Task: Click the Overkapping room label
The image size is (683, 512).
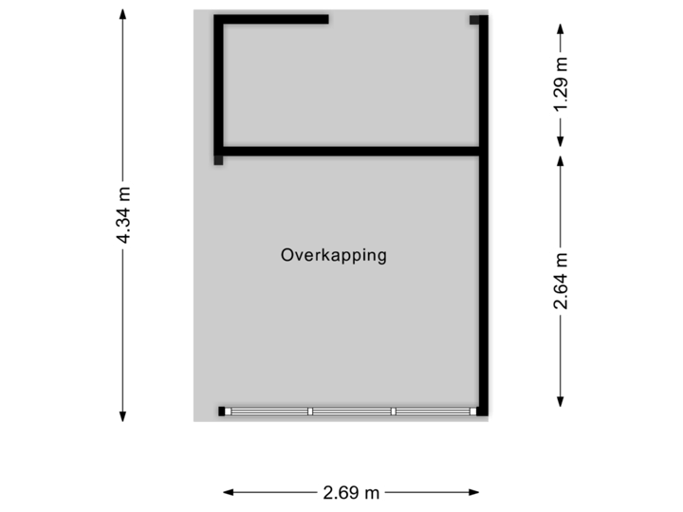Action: tap(334, 255)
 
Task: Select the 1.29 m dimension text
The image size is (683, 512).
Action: tap(562, 84)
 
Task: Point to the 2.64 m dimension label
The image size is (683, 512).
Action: tap(562, 282)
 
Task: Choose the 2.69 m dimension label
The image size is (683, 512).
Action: tap(351, 492)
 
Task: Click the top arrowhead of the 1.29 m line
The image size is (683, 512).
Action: tap(562, 22)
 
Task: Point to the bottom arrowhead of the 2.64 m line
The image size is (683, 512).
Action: tap(562, 401)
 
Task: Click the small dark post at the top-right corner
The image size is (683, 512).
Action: tap(475, 19)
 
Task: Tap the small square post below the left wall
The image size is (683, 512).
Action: tap(219, 160)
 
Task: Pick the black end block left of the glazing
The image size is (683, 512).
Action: tap(224, 411)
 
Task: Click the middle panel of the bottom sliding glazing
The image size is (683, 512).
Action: tap(352, 411)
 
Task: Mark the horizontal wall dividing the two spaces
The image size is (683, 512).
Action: tap(351, 150)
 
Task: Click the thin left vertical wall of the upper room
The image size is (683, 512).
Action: tap(219, 85)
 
